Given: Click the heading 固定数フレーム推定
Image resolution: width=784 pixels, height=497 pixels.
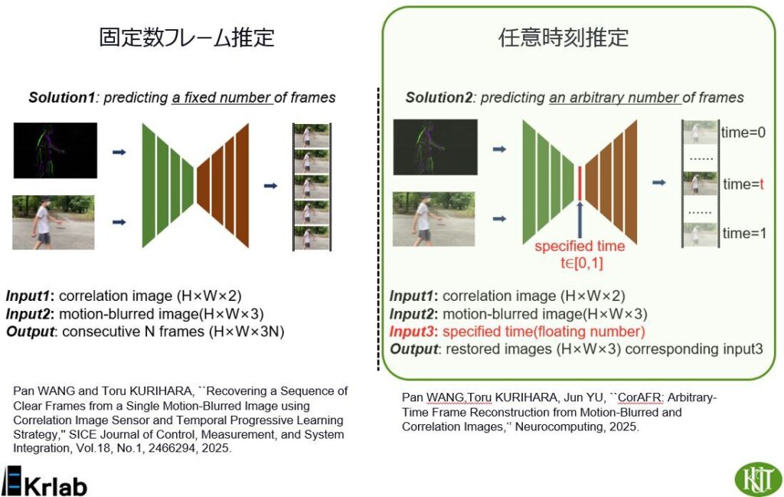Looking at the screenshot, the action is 187,38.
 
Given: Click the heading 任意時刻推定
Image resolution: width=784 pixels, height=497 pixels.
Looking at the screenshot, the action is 563,38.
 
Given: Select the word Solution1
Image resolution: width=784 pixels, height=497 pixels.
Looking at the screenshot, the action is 61,97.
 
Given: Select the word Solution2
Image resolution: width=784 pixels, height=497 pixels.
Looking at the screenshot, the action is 439,97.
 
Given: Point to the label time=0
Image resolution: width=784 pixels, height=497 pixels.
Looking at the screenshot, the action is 743,132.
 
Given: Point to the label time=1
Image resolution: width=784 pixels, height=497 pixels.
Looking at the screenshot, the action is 744,233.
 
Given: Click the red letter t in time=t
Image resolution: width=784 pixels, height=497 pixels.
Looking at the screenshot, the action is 762,184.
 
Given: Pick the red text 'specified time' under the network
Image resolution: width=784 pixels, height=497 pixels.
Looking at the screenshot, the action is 580,246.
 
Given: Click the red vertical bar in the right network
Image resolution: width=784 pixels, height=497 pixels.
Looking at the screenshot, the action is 580,183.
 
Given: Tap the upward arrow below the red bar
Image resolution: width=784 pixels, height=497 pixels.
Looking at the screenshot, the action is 580,220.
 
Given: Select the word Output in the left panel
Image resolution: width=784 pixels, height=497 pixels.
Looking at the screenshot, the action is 30,332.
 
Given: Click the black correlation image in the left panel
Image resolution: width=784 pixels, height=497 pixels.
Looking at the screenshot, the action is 55,150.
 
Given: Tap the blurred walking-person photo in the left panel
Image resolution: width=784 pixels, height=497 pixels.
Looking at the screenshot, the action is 54,223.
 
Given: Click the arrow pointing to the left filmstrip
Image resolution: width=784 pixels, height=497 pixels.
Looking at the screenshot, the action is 270,186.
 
